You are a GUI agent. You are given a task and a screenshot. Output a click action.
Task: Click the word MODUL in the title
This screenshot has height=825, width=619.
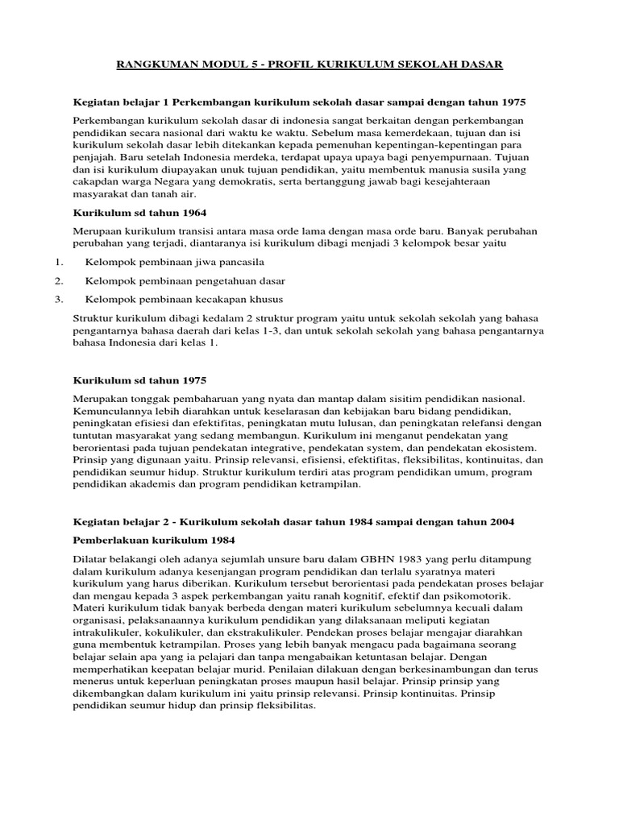point(218,64)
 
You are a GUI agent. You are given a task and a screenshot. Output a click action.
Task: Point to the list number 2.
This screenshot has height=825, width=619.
point(59,281)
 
